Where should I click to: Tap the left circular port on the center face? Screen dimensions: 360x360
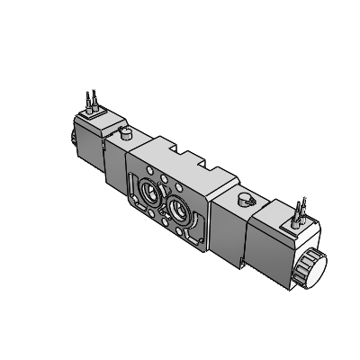(150, 191)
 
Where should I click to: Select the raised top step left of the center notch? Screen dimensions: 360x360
(162, 146)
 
